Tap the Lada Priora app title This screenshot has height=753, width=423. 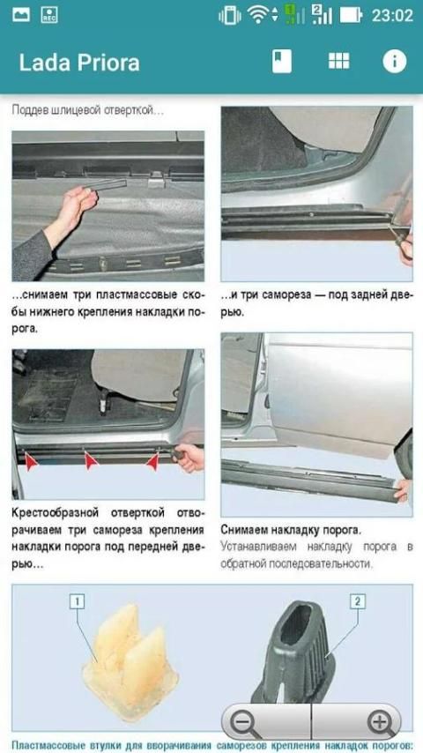coord(79,63)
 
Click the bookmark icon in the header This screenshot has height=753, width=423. coord(282,62)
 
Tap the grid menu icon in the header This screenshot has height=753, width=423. coord(339,61)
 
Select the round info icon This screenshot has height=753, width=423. coord(395,62)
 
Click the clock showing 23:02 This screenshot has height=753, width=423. coord(392,15)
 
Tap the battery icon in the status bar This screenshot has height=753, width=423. coord(351,15)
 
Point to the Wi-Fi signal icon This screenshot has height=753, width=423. coord(258,15)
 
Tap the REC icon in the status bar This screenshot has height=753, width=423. coord(49,15)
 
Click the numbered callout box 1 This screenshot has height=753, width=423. coord(77,601)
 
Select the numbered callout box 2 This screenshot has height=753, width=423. coord(357,600)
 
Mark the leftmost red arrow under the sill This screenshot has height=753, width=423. coord(32,462)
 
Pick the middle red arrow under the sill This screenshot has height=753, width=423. coord(91,460)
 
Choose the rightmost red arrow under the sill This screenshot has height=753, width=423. coord(152,461)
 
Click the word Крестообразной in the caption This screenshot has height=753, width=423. coord(56,513)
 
